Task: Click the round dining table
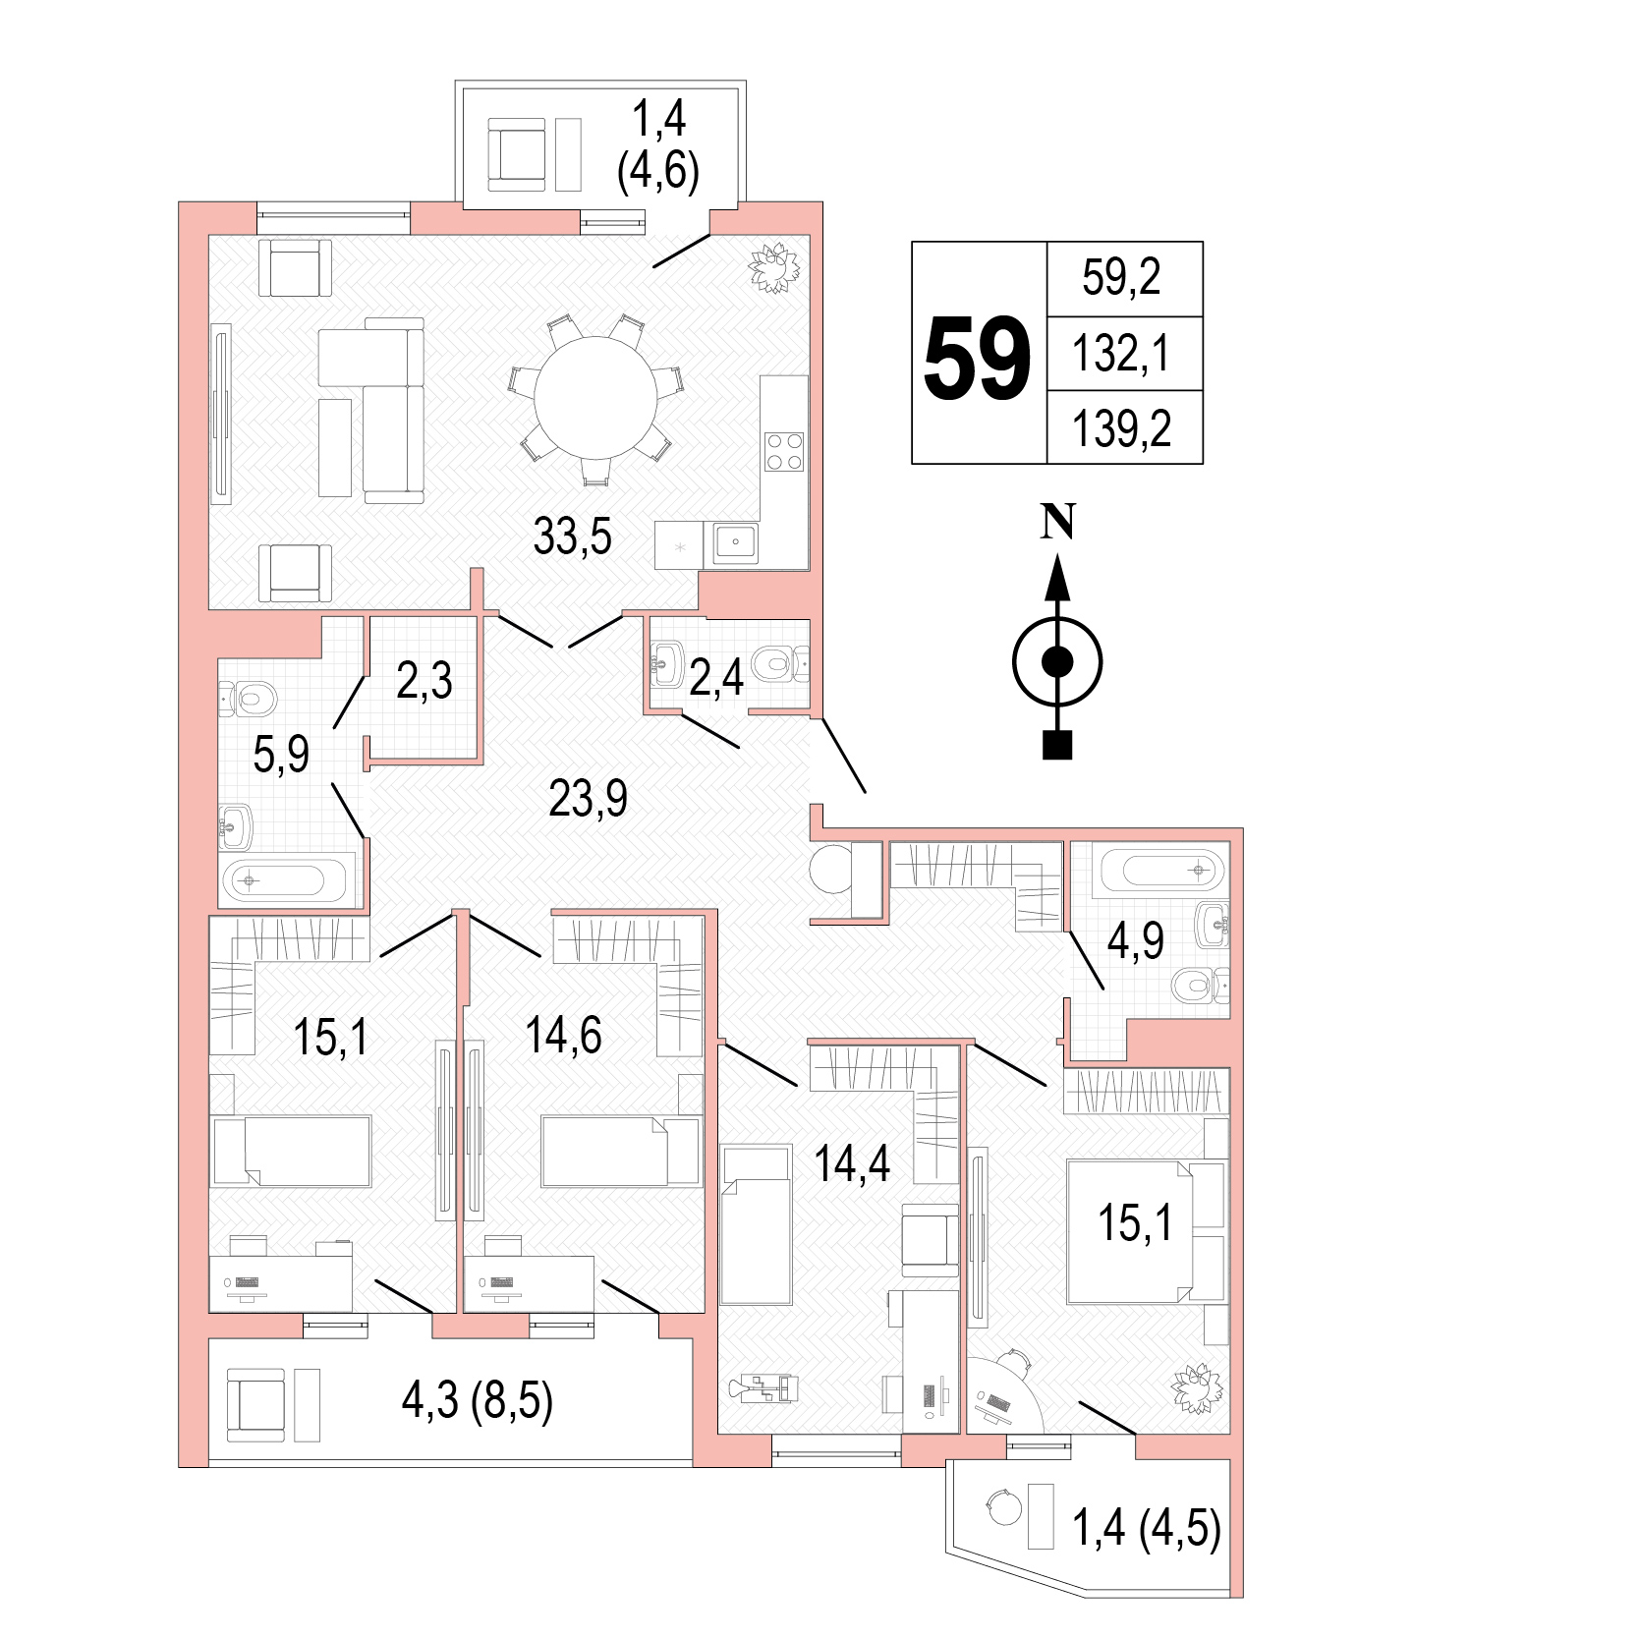(x=596, y=398)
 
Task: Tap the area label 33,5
(x=572, y=537)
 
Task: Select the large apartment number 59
(x=978, y=360)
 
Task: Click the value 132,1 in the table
(x=1121, y=354)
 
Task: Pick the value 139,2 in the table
(x=1121, y=429)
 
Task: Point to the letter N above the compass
(x=1057, y=522)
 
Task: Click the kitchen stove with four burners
(x=784, y=451)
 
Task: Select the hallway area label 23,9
(x=588, y=799)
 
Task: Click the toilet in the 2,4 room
(x=781, y=664)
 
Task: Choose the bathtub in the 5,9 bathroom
(x=287, y=880)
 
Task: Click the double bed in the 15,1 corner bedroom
(x=1147, y=1232)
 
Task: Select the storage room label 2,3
(x=424, y=680)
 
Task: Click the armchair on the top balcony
(x=517, y=154)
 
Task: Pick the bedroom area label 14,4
(x=852, y=1163)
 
